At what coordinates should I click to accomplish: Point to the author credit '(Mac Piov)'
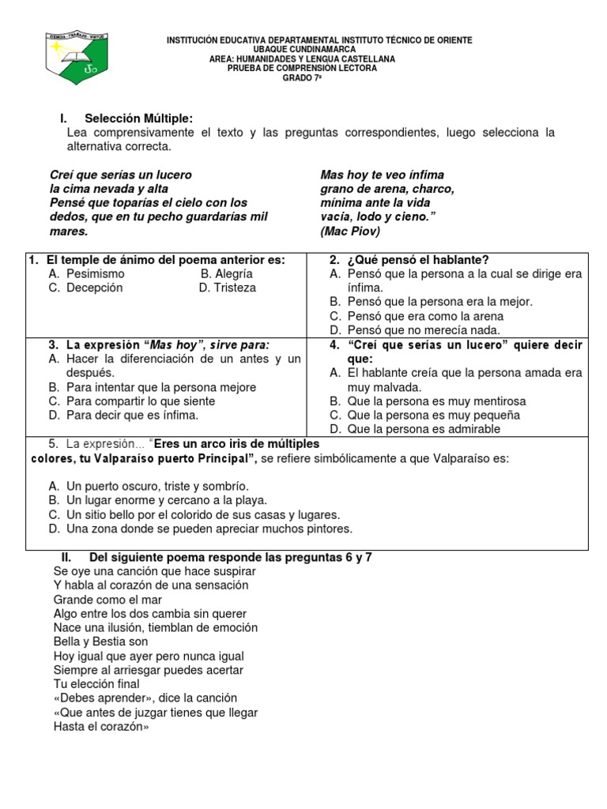pyautogui.click(x=350, y=232)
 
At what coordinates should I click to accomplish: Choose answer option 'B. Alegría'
pyautogui.click(x=227, y=273)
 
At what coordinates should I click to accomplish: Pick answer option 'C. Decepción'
pyautogui.click(x=85, y=288)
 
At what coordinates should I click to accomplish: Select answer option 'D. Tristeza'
pyautogui.click(x=228, y=288)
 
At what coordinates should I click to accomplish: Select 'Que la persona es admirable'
pyautogui.click(x=424, y=429)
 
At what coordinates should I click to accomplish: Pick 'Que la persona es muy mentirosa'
pyautogui.click(x=436, y=401)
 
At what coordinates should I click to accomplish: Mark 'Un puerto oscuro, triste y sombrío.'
pyautogui.click(x=158, y=486)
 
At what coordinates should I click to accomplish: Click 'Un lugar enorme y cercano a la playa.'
pyautogui.click(x=167, y=500)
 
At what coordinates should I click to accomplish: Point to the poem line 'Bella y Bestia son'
pyautogui.click(x=100, y=642)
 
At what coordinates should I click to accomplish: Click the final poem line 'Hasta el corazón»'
pyautogui.click(x=100, y=727)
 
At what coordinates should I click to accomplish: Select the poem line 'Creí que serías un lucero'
pyautogui.click(x=120, y=175)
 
